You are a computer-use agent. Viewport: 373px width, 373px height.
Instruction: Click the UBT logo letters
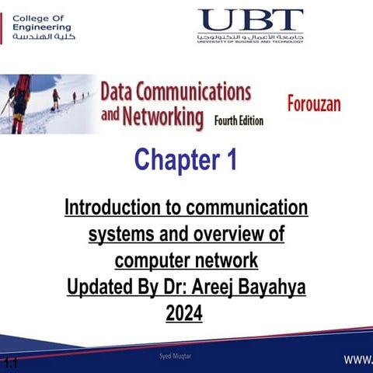pyautogui.click(x=251, y=19)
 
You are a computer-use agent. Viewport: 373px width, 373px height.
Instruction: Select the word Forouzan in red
pyautogui.click(x=314, y=104)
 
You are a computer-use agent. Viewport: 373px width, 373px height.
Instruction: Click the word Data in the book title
pyautogui.click(x=120, y=92)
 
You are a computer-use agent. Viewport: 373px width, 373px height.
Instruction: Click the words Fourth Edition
pyautogui.click(x=239, y=120)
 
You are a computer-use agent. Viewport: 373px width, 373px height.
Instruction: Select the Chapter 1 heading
pyautogui.click(x=186, y=160)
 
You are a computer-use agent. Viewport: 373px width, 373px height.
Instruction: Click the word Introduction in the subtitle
pyautogui.click(x=121, y=208)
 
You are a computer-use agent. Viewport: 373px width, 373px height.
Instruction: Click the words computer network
pyautogui.click(x=186, y=259)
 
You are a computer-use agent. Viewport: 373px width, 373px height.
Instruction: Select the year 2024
pyautogui.click(x=184, y=313)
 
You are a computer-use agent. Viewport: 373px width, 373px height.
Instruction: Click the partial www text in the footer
pyautogui.click(x=359, y=359)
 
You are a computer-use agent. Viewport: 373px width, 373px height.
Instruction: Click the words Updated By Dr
pyautogui.click(x=119, y=287)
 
